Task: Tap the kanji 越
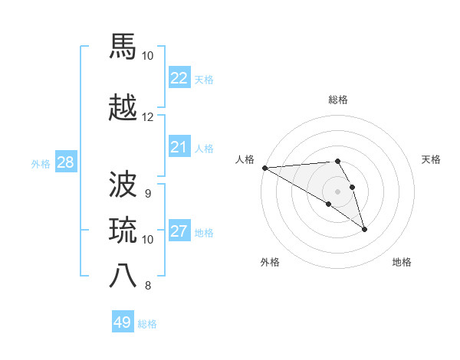click(124, 108)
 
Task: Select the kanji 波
click(124, 185)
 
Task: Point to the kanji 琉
click(124, 230)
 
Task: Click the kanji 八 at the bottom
click(124, 276)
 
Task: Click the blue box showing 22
click(179, 77)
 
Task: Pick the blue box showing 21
click(179, 147)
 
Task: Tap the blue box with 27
click(179, 231)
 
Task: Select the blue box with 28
click(65, 162)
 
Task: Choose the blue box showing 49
click(123, 322)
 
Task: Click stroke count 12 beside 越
click(147, 117)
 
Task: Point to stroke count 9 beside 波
click(147, 194)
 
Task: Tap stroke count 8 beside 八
click(147, 286)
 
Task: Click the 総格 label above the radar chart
click(338, 100)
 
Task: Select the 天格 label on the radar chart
click(432, 159)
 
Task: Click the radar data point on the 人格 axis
click(264, 168)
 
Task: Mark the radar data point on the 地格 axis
click(364, 229)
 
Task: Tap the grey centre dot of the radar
click(337, 191)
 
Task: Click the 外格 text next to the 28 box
click(41, 163)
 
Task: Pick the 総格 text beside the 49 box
click(147, 324)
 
